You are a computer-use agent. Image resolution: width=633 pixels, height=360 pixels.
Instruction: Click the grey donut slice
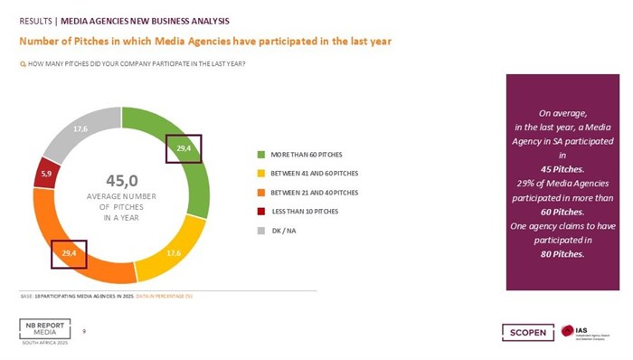click(x=81, y=130)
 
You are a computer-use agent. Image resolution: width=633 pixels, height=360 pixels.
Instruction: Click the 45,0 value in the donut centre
click(x=120, y=180)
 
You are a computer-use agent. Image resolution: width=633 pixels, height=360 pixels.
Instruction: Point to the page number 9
click(x=86, y=330)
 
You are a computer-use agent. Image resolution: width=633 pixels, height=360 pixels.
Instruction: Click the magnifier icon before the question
click(x=23, y=62)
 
